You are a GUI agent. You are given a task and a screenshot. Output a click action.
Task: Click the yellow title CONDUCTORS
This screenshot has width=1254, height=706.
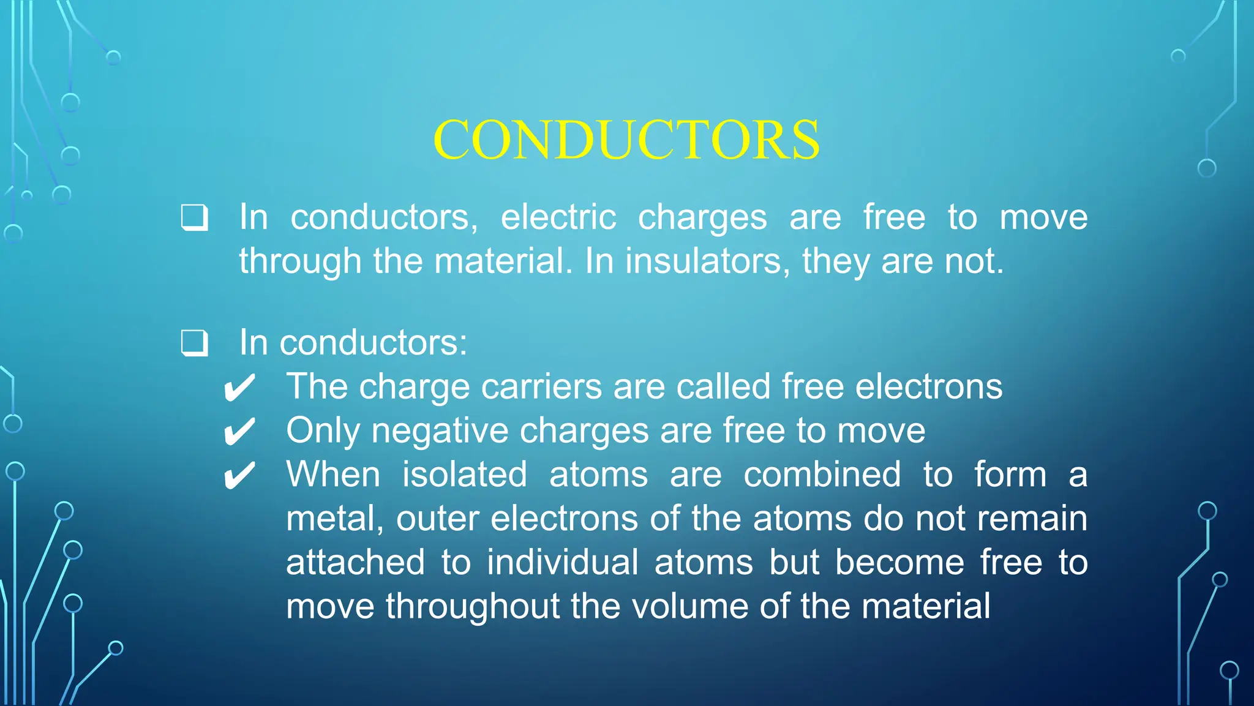click(626, 140)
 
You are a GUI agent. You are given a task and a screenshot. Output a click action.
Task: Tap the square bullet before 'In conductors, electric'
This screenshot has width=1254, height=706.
click(195, 218)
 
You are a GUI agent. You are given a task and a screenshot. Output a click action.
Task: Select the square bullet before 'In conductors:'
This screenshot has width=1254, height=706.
click(195, 343)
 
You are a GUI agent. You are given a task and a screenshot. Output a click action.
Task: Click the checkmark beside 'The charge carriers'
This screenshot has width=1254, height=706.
click(239, 388)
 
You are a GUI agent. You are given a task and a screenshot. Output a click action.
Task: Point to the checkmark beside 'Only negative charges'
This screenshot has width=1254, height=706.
click(239, 432)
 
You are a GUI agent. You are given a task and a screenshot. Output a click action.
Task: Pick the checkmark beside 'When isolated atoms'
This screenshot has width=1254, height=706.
click(239, 476)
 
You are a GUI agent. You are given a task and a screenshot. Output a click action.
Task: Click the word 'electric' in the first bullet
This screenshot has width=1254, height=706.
click(558, 217)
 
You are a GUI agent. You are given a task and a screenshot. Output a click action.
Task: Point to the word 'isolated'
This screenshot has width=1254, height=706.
click(464, 475)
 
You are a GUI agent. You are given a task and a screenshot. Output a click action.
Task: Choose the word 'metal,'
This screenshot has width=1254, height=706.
click(335, 519)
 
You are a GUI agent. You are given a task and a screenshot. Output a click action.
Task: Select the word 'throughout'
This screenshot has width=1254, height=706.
click(472, 607)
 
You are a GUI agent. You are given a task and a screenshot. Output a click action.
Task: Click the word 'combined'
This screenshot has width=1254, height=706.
click(822, 475)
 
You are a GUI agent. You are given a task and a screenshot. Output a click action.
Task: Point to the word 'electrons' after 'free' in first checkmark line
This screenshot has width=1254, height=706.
click(928, 387)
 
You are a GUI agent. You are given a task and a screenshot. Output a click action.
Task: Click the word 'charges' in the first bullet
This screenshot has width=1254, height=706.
click(702, 219)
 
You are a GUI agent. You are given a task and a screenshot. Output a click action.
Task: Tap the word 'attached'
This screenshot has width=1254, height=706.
click(355, 563)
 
